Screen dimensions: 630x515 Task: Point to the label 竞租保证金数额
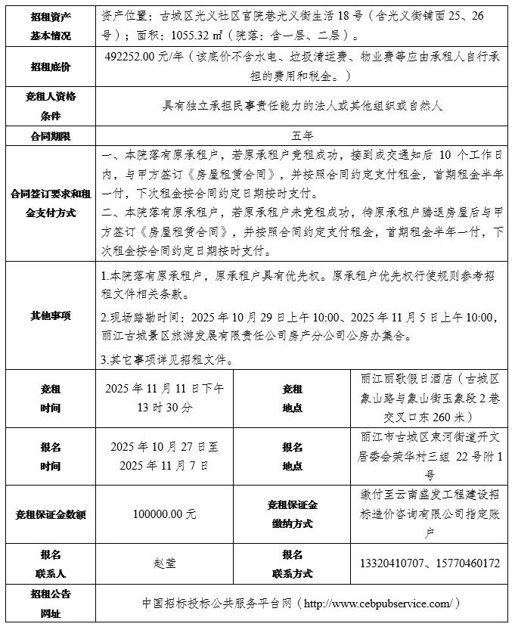click(x=51, y=514)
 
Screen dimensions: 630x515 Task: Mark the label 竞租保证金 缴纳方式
click(x=292, y=514)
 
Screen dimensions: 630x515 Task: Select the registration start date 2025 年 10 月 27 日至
click(x=168, y=446)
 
